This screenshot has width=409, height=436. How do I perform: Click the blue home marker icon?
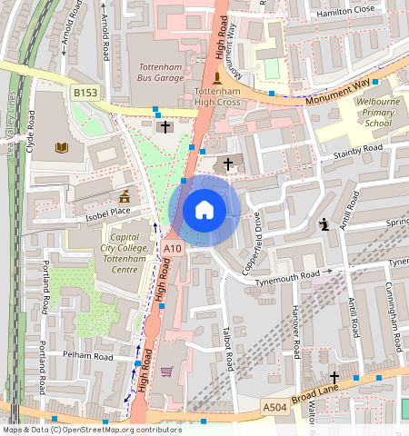click(204, 211)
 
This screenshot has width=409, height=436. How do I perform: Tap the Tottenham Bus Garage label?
click(161, 73)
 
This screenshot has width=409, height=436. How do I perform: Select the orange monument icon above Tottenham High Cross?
click(216, 77)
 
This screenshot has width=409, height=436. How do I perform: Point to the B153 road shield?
click(85, 93)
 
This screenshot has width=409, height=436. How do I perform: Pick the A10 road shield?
click(172, 247)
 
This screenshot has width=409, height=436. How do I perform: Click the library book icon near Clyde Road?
click(62, 147)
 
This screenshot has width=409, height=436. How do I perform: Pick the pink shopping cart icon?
click(165, 371)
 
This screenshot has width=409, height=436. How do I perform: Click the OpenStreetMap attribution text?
click(91, 430)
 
